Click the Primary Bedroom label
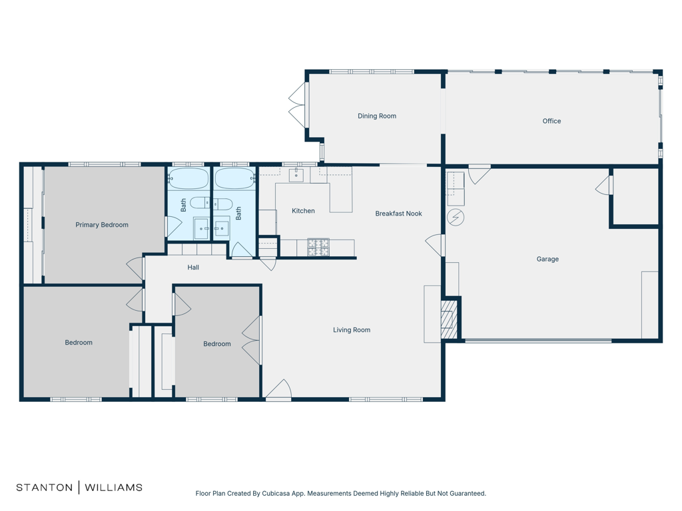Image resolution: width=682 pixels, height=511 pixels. click(x=101, y=225)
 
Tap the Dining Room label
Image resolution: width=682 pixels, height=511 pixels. click(x=377, y=116)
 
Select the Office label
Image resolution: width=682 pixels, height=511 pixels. click(x=551, y=121)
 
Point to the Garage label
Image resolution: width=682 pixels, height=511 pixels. click(x=547, y=259)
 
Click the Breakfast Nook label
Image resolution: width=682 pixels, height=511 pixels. click(x=398, y=214)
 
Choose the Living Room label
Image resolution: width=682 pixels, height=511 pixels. click(x=352, y=330)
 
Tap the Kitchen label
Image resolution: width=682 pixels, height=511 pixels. click(x=303, y=211)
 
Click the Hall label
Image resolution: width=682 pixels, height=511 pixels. click(x=193, y=267)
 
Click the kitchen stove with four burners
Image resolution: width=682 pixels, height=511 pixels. click(x=318, y=247)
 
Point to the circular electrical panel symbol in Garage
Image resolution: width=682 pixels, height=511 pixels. click(x=456, y=217)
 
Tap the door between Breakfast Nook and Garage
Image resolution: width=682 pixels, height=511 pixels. click(x=435, y=245)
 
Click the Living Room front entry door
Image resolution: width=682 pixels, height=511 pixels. click(x=278, y=391)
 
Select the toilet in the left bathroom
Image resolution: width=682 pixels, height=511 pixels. click(x=199, y=202)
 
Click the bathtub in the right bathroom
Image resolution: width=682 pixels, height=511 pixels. click(x=234, y=179)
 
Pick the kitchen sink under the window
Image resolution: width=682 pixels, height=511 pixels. click(x=296, y=176)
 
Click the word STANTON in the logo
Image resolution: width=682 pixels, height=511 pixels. click(x=44, y=487)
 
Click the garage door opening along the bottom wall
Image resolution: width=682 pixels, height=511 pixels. click(x=537, y=341)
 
